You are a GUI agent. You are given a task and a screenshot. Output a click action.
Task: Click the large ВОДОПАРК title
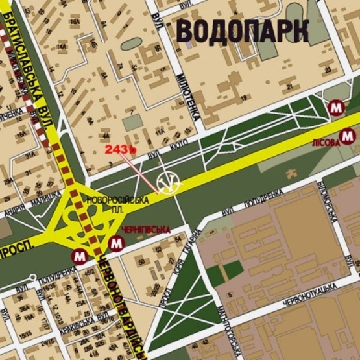point(241,30)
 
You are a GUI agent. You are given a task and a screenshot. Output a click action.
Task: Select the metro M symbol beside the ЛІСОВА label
point(348,136)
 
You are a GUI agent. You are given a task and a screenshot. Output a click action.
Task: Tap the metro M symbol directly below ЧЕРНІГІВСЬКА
point(117,245)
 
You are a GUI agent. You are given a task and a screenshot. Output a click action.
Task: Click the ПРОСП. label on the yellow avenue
point(14,252)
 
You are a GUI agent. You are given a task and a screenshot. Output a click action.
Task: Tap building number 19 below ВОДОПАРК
point(244,99)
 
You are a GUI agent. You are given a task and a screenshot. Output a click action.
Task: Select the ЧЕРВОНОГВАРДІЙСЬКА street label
point(124,305)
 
